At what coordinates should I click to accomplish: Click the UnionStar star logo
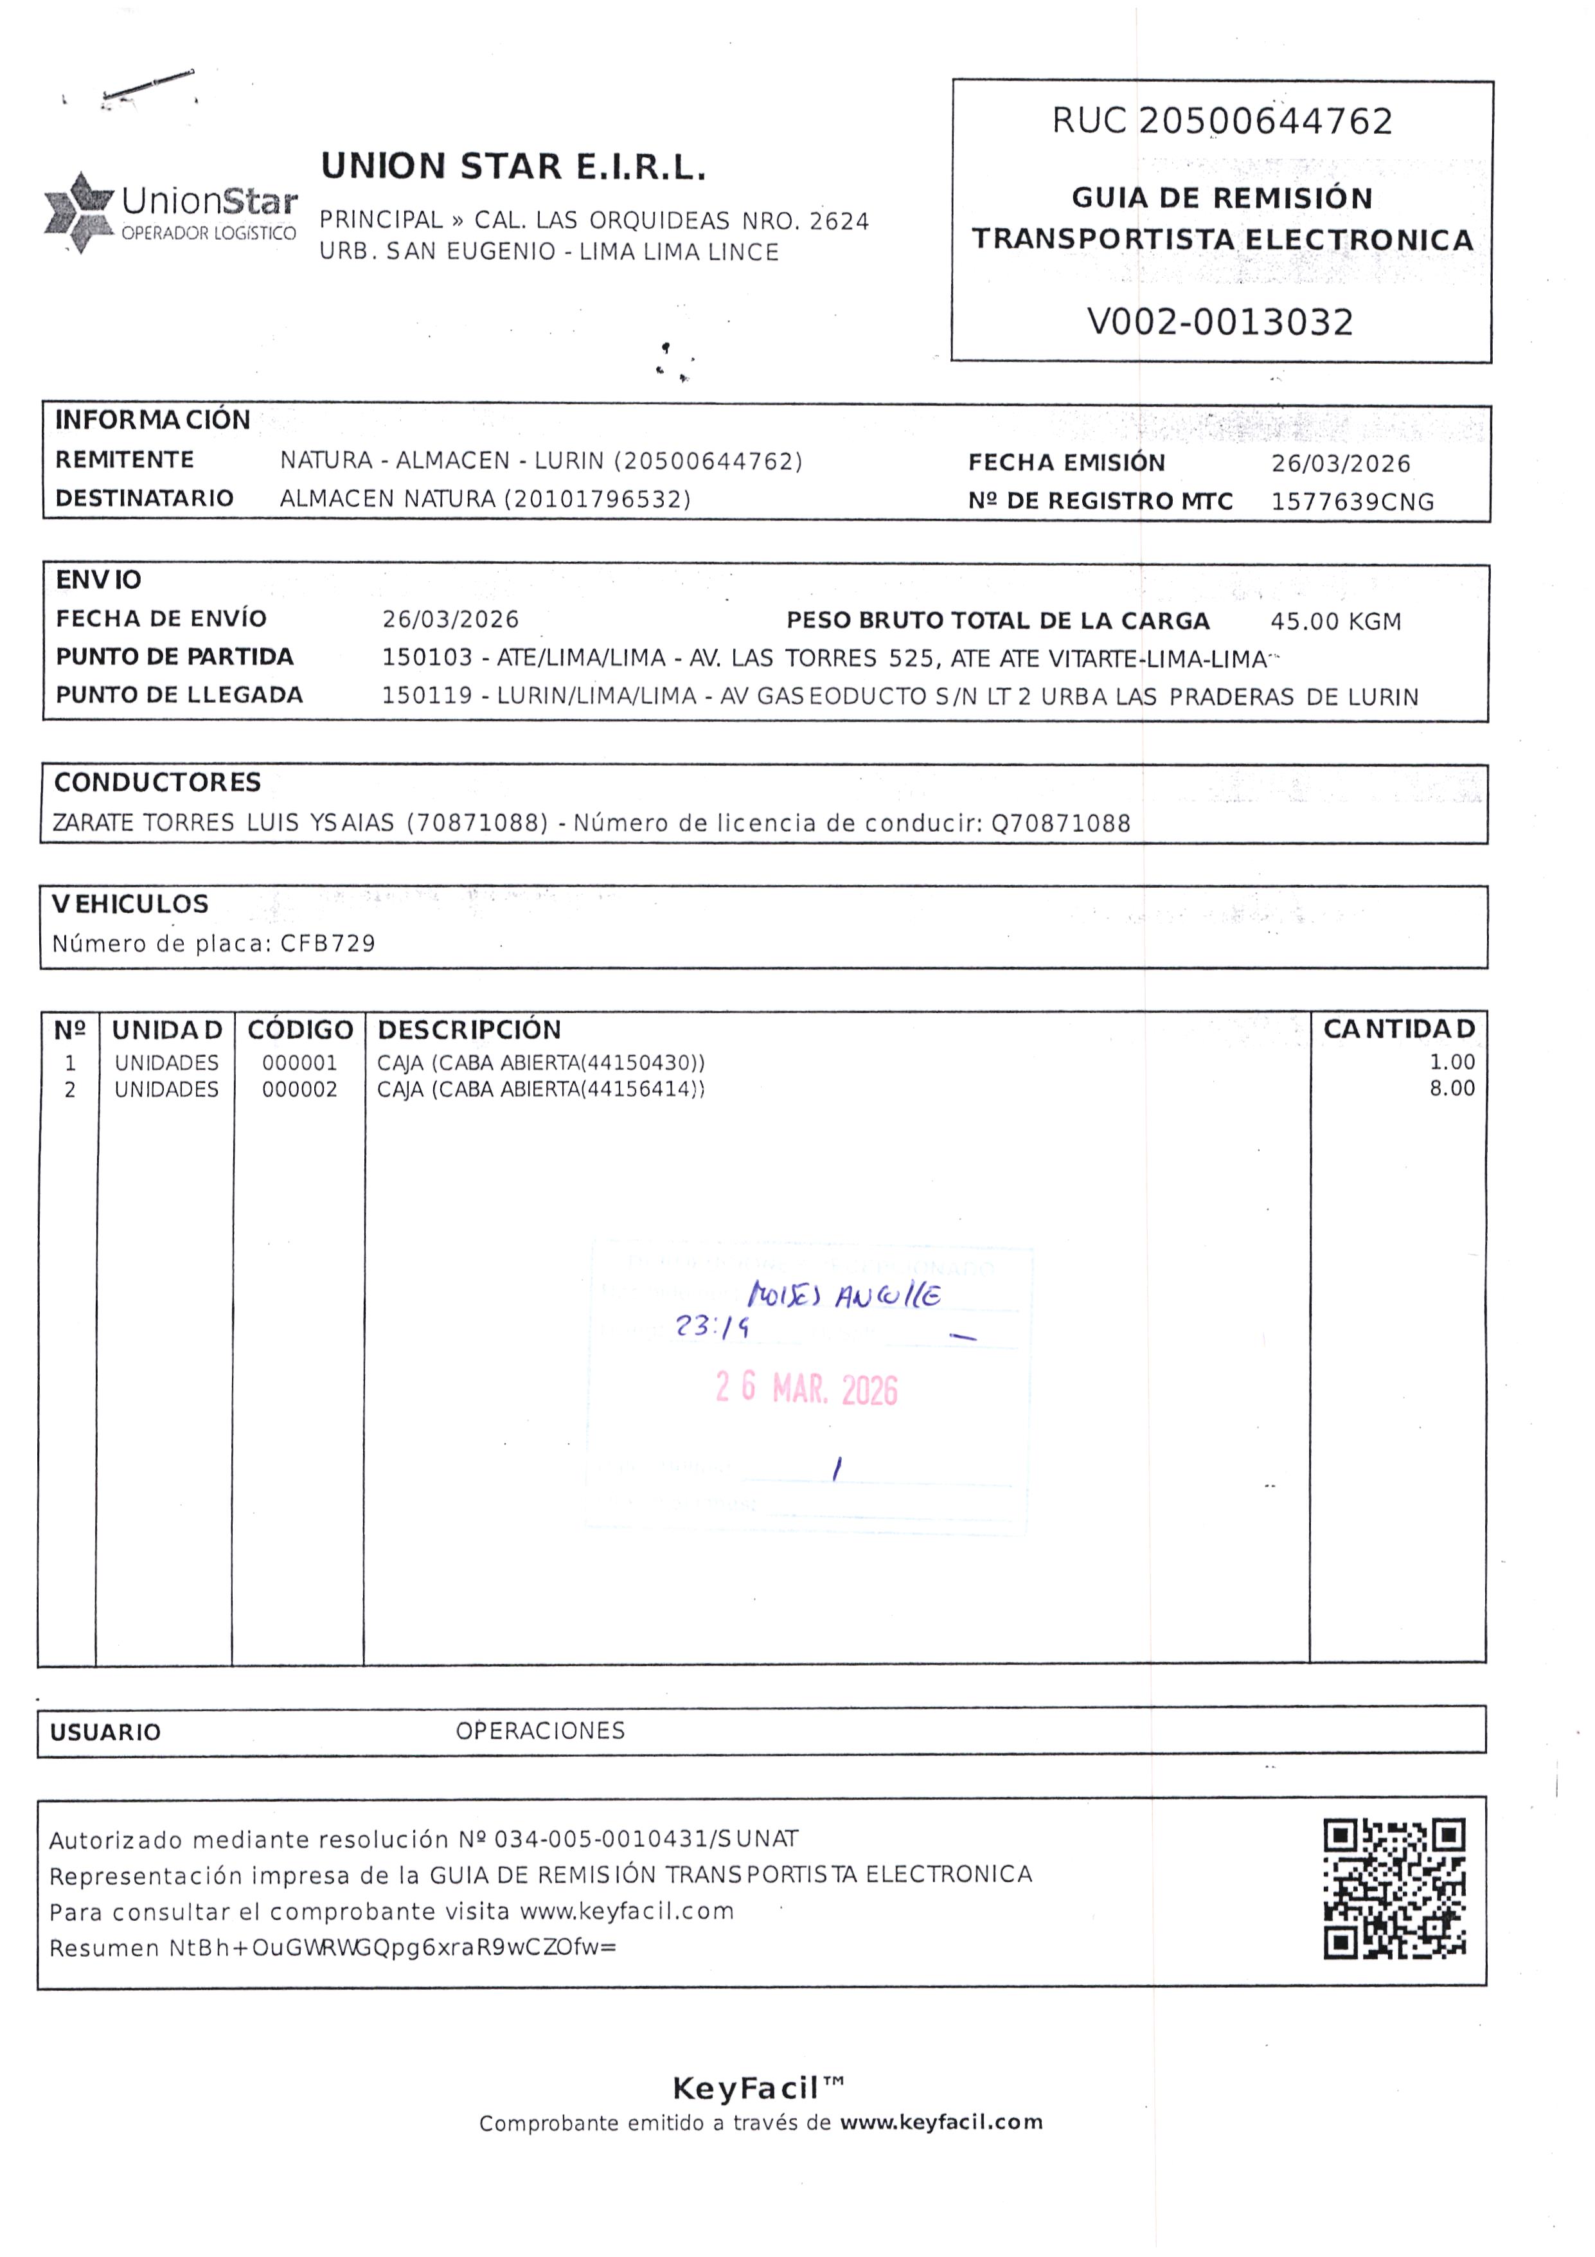tap(78, 211)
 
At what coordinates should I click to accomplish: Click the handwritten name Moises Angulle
tap(843, 1295)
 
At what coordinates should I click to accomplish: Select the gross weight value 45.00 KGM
tap(1335, 621)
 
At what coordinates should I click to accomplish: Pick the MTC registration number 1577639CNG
tap(1352, 502)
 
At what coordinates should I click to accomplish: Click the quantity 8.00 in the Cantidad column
tap(1452, 1088)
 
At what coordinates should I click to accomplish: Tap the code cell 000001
tap(299, 1063)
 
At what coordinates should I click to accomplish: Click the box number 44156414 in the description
tap(640, 1089)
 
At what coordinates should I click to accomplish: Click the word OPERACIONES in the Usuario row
tap(540, 1730)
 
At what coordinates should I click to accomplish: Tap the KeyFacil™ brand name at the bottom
tap(758, 2086)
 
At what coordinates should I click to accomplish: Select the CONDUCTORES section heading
tap(157, 782)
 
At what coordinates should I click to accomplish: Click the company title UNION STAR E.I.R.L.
tap(513, 167)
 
